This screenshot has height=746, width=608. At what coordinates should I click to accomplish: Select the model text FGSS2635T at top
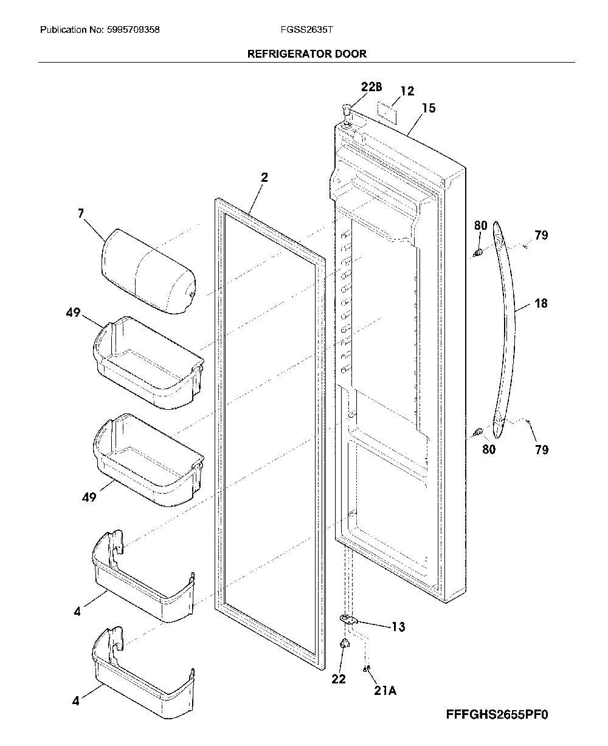click(x=306, y=30)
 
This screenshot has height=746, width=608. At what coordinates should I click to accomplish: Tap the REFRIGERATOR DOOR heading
click(x=307, y=54)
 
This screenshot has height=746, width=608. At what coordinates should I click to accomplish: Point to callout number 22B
click(x=371, y=86)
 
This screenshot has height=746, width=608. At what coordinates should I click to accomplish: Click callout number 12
click(x=407, y=91)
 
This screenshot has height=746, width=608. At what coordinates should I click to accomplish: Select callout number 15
click(x=429, y=108)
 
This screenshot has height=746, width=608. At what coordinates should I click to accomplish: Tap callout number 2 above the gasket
click(x=264, y=177)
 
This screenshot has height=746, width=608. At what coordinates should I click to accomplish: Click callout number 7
click(x=81, y=213)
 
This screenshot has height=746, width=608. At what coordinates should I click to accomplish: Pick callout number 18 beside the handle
click(x=541, y=303)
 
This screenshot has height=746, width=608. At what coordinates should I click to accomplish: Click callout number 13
click(x=398, y=626)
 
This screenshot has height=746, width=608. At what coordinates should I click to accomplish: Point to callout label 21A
click(x=385, y=690)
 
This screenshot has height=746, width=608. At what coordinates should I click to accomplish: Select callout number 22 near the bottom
click(x=338, y=679)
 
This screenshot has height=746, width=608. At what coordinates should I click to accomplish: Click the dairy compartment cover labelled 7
click(x=148, y=271)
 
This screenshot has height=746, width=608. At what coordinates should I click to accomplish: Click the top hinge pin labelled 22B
click(x=347, y=111)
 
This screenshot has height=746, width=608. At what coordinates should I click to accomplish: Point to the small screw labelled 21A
click(x=366, y=669)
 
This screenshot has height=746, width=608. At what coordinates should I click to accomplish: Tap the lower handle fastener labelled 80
click(x=478, y=432)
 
